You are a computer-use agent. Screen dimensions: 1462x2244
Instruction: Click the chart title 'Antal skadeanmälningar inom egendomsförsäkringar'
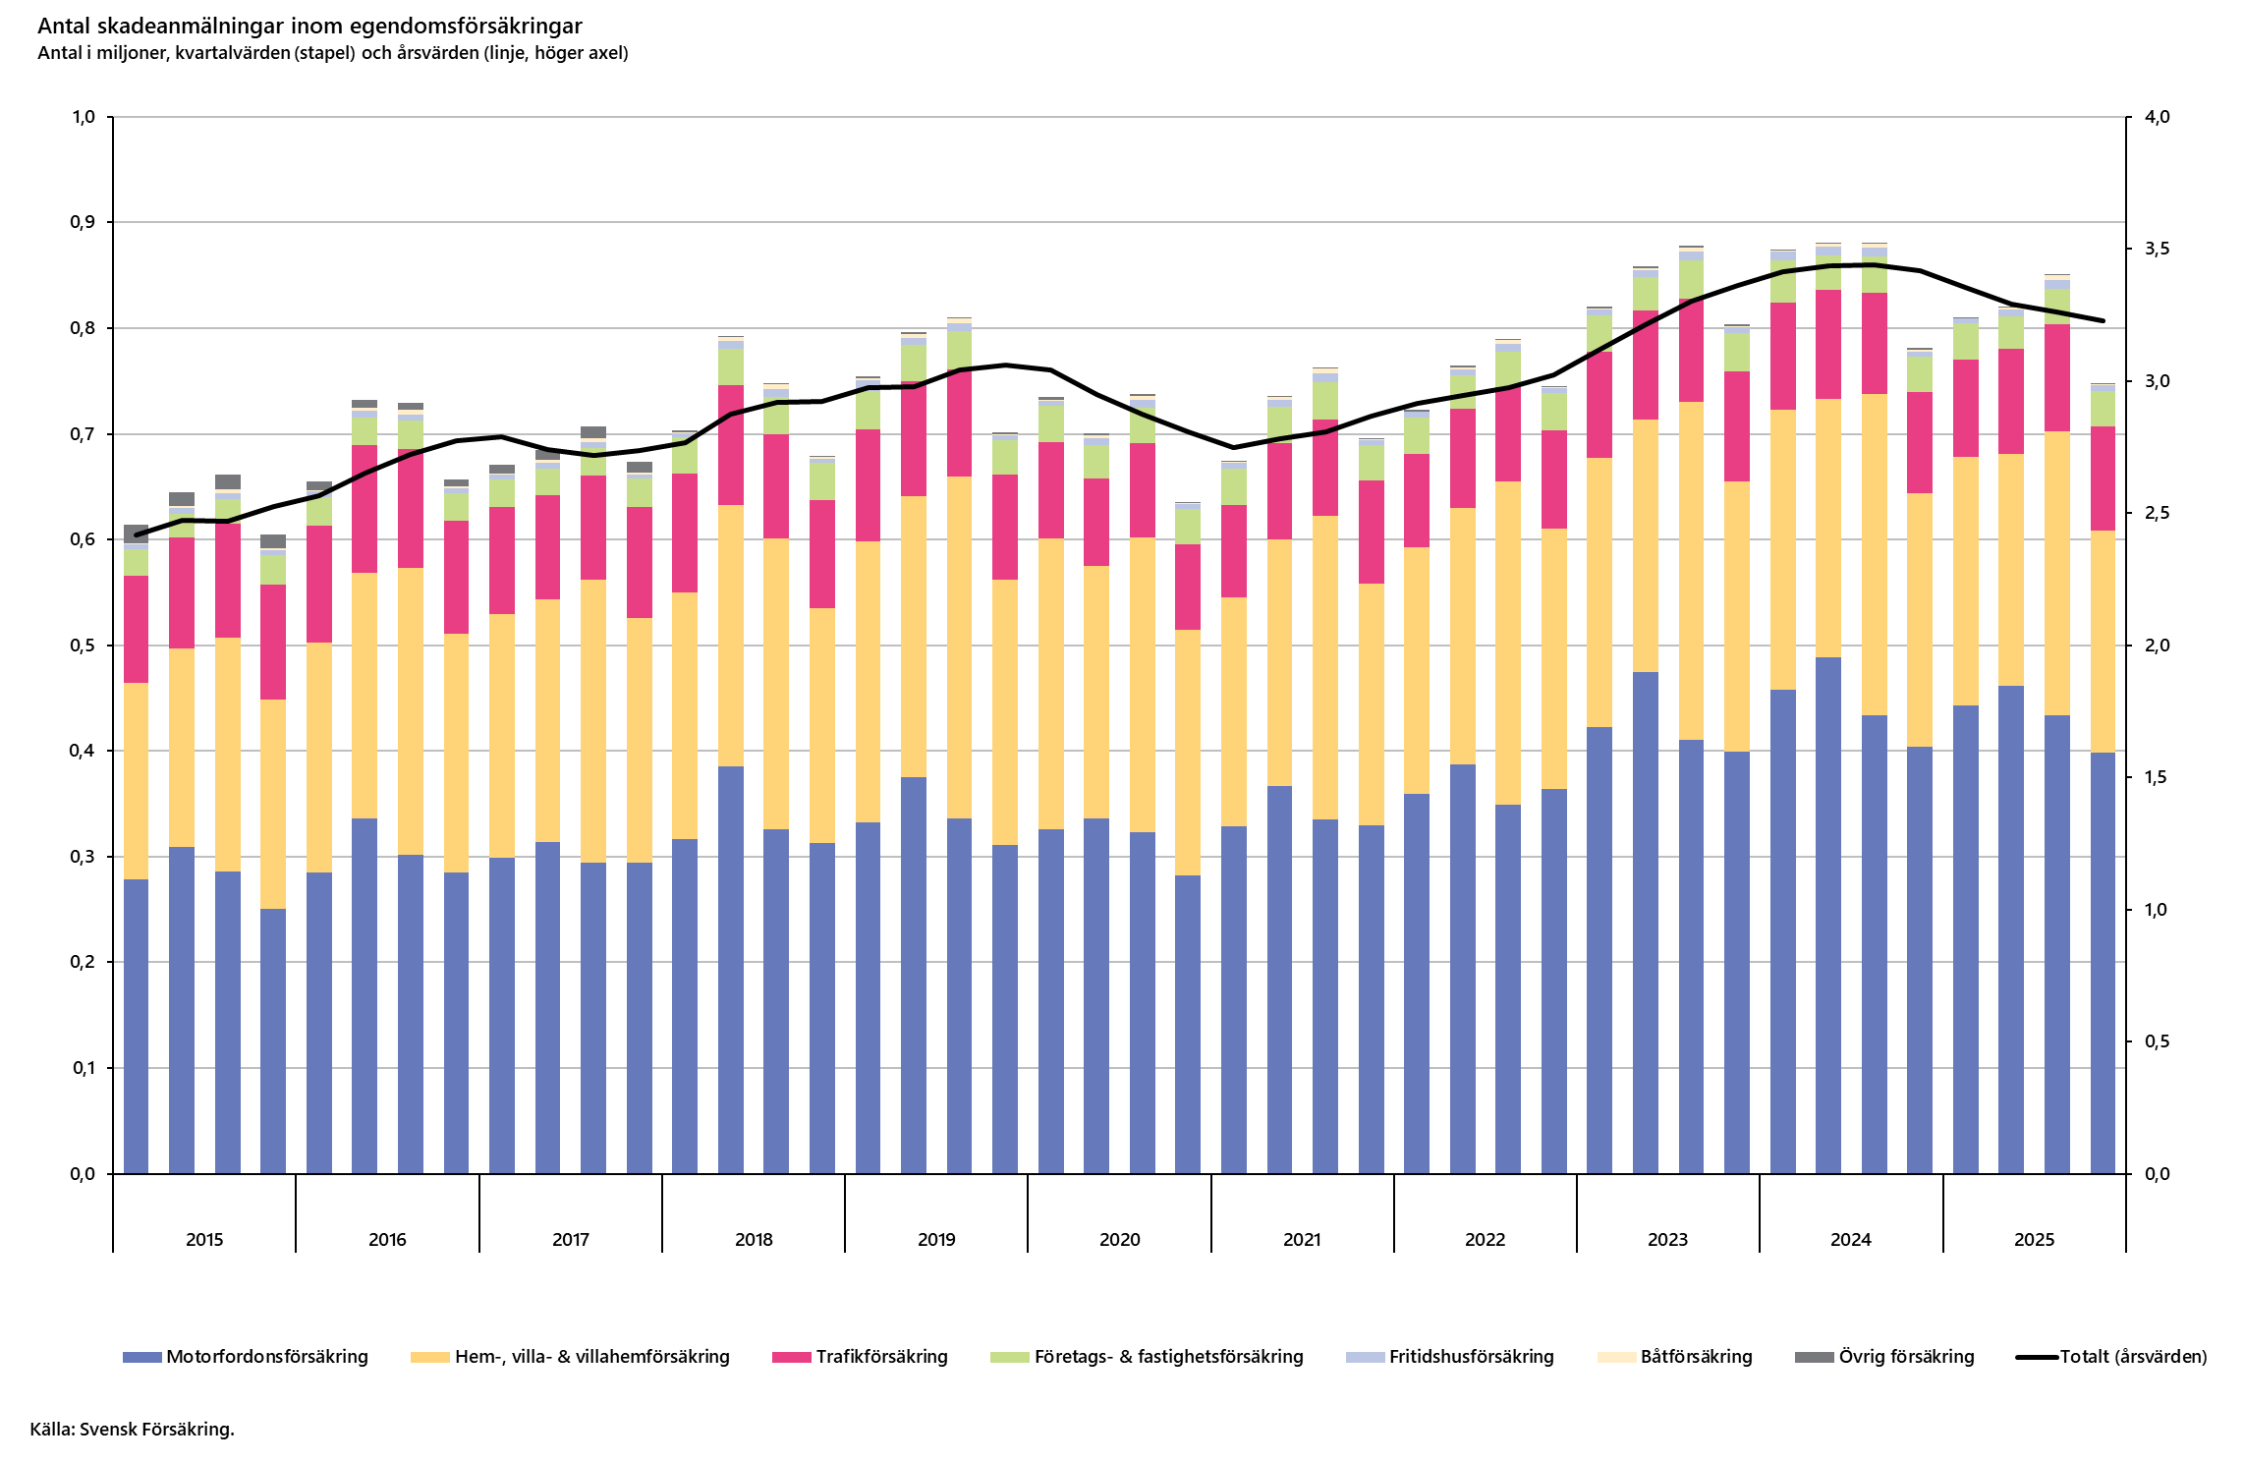tap(309, 27)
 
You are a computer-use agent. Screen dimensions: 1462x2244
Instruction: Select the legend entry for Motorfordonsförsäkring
tap(246, 1357)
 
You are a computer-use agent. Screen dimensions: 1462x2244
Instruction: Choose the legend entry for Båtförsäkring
tap(1675, 1357)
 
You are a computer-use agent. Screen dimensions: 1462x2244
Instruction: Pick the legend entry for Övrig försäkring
tap(1884, 1357)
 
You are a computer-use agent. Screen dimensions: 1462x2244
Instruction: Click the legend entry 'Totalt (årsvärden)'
tap(2111, 1357)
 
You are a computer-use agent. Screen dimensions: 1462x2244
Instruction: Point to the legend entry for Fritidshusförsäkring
tap(1450, 1357)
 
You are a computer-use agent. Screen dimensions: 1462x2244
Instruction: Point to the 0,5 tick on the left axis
tap(83, 646)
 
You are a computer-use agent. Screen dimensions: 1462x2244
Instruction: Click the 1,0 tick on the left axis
tap(83, 117)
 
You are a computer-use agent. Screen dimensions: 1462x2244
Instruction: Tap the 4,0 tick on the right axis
tap(2158, 117)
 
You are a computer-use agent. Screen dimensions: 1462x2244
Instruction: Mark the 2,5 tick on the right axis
tap(2158, 513)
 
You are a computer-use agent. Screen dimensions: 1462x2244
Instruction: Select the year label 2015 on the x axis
tap(204, 1240)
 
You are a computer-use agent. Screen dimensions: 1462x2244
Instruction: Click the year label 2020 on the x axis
tap(1120, 1240)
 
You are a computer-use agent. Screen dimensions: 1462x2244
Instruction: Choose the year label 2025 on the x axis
tap(2034, 1240)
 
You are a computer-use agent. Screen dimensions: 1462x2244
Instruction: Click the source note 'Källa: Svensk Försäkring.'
tap(132, 1430)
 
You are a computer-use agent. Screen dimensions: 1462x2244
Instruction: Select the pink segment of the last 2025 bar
tap(2103, 478)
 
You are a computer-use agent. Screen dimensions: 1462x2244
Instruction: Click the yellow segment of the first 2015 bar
tap(137, 781)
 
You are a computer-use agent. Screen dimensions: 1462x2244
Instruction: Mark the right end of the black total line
tap(2103, 320)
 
